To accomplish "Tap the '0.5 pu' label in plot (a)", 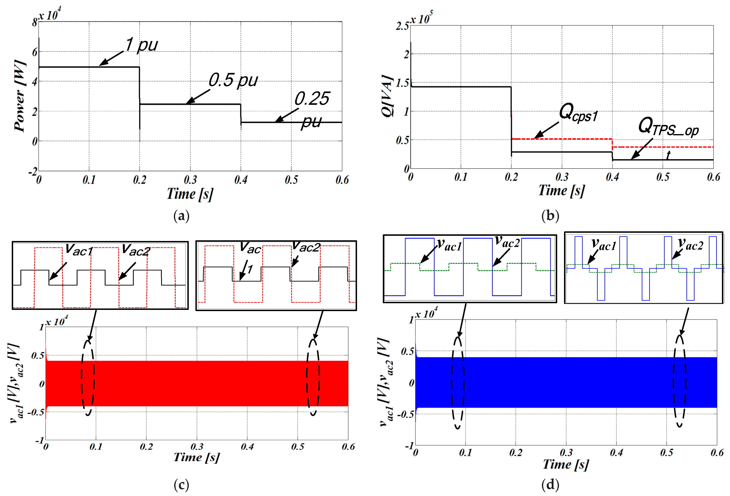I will point(233,80).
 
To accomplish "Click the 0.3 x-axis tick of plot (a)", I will point(190,180).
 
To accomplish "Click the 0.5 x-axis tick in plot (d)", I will point(666,453).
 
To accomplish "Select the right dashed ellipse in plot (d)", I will point(679,381).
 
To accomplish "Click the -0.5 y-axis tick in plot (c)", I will point(36,412).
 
